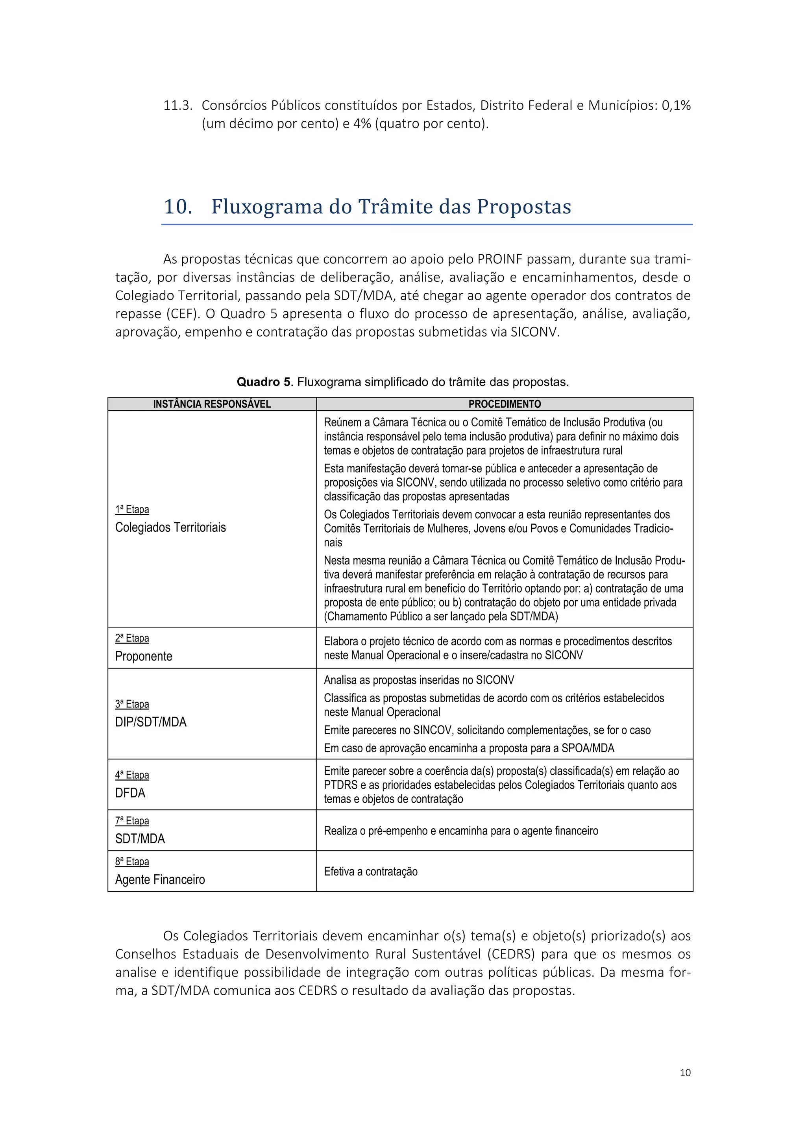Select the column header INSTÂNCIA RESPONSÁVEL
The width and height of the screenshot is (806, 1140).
coord(212,404)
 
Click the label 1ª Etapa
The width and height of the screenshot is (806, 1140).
coord(132,509)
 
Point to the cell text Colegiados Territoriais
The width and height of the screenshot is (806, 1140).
coord(170,527)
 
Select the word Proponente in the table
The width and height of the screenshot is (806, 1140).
coord(143,656)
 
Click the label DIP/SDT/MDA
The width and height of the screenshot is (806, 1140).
coord(151,722)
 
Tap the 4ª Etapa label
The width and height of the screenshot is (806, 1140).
coord(132,775)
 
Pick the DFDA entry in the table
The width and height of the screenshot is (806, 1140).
coord(130,793)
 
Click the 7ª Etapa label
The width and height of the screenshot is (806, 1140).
coord(132,821)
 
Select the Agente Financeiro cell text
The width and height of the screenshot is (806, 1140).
coord(160,879)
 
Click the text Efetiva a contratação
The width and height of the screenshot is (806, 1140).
coord(371,872)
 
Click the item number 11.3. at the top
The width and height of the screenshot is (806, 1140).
coord(177,106)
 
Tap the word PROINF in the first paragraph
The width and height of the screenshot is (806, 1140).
coord(500,259)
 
